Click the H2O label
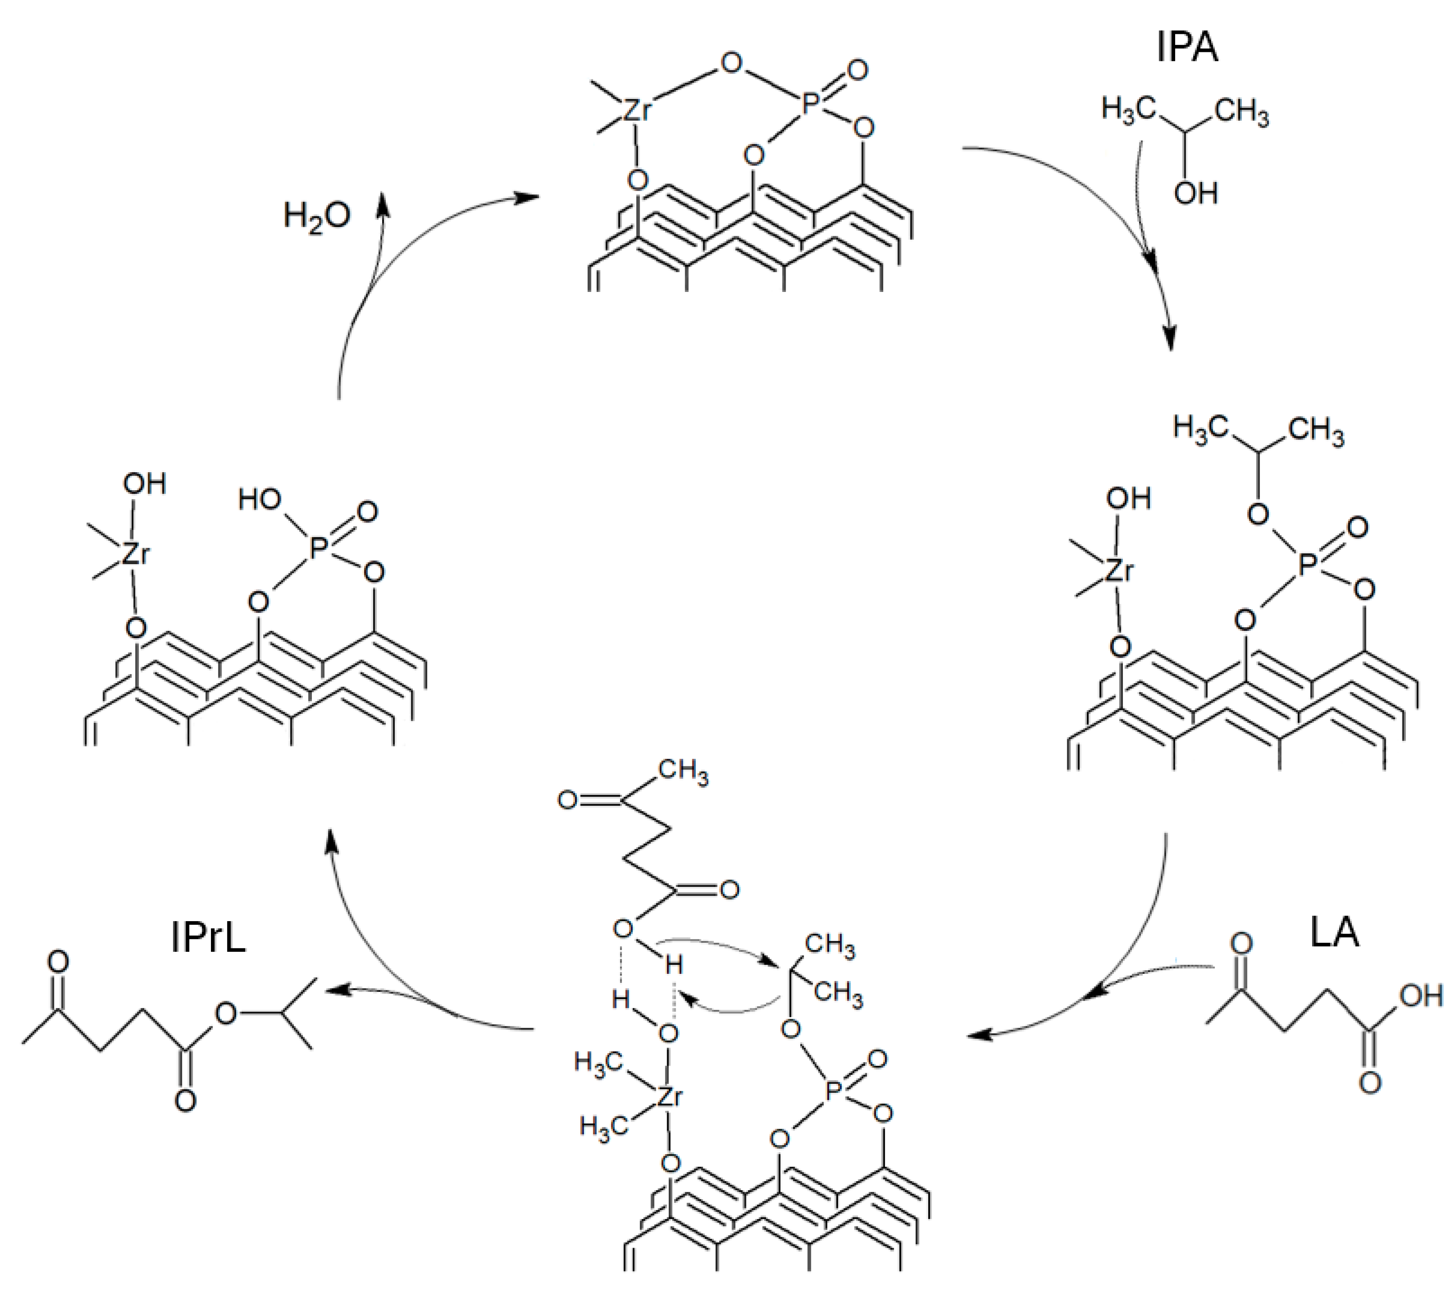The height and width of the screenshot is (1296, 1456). (317, 215)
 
